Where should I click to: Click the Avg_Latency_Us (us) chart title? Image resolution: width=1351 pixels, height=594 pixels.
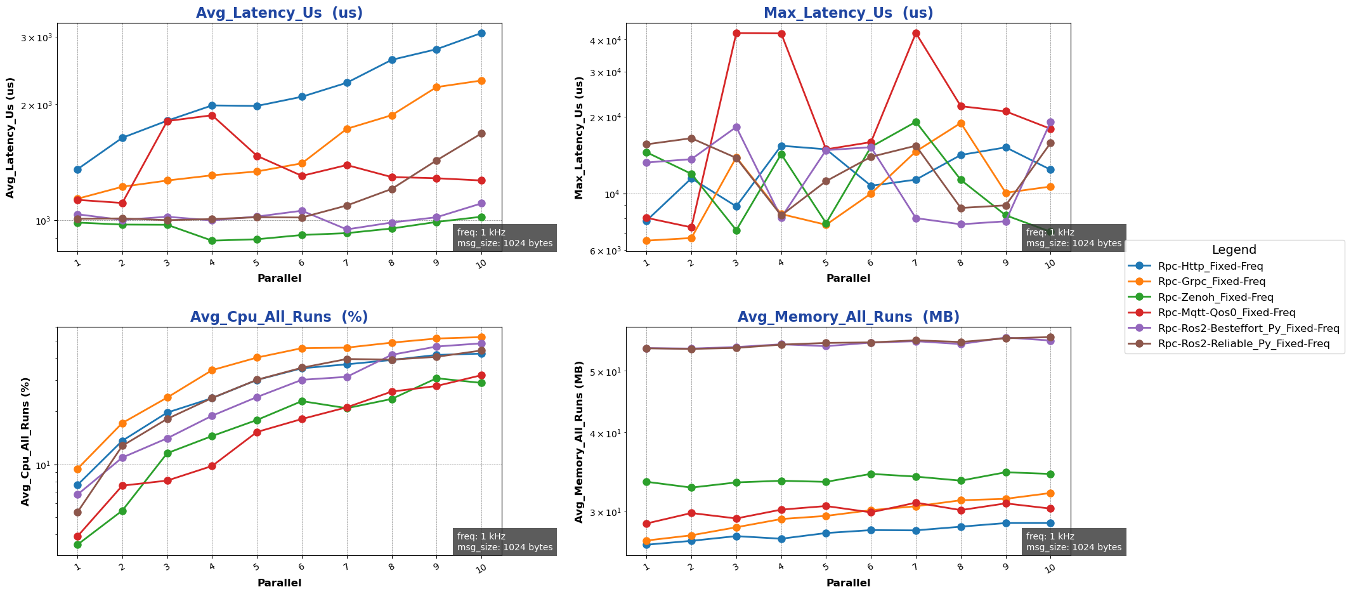click(279, 13)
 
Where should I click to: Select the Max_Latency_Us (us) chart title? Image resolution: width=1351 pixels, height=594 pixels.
click(848, 13)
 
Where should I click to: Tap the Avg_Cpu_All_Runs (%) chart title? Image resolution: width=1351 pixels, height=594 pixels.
click(279, 317)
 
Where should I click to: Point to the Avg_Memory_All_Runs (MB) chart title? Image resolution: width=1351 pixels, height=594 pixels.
click(848, 317)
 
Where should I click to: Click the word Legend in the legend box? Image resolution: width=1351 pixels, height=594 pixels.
click(1234, 250)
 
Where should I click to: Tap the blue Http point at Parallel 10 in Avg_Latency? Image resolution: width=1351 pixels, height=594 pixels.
click(481, 33)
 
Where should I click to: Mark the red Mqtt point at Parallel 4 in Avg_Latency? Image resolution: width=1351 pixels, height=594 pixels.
click(212, 115)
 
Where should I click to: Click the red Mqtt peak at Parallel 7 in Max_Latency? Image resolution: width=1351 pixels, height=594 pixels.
click(916, 33)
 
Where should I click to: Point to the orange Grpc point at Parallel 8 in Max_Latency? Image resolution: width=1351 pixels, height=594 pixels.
click(961, 123)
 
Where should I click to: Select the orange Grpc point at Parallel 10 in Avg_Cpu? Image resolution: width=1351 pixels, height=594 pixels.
click(481, 337)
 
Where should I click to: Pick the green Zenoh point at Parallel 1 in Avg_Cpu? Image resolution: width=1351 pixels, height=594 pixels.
click(77, 544)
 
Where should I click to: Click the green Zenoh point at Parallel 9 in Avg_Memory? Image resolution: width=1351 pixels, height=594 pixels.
click(1006, 472)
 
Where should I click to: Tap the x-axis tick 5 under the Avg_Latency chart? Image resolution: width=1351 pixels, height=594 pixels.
click(257, 262)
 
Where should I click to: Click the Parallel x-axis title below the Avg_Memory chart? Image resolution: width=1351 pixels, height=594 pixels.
click(848, 583)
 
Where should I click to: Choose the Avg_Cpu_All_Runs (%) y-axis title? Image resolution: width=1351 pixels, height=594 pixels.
click(25, 442)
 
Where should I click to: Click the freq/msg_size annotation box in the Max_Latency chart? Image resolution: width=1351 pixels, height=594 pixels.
click(1073, 238)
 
